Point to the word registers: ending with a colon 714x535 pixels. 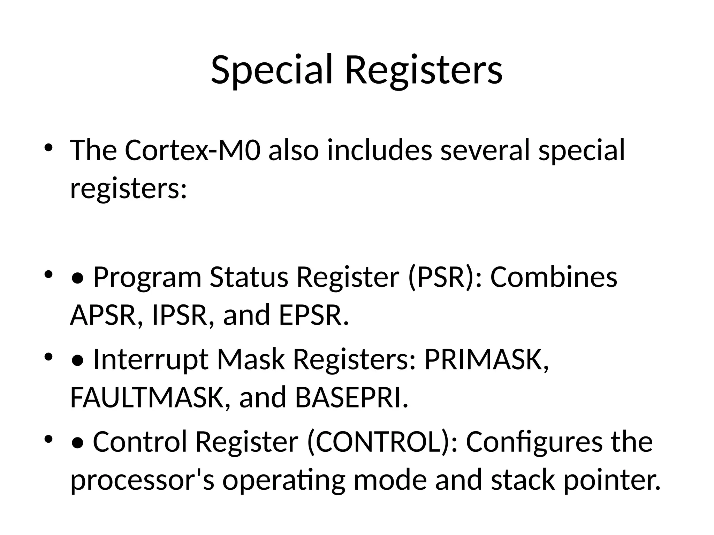pyautogui.click(x=129, y=188)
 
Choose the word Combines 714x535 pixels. pyautogui.click(x=554, y=277)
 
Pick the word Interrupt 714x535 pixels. pyautogui.click(x=151, y=359)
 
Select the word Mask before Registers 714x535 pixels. pyautogui.click(x=251, y=359)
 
